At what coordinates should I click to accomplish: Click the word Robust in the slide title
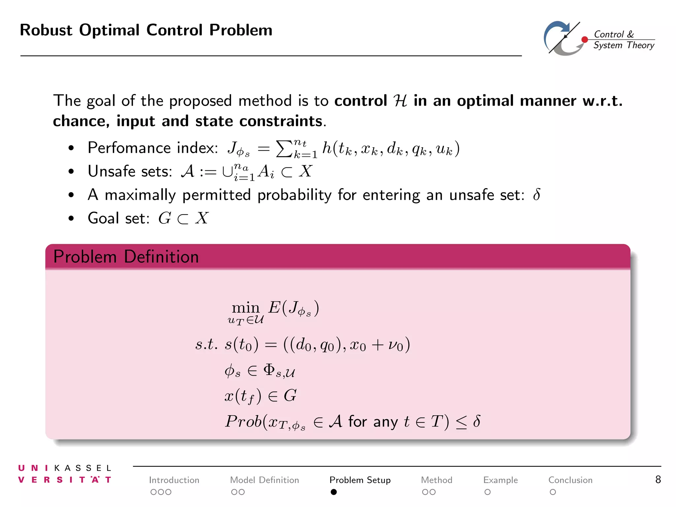click(x=46, y=30)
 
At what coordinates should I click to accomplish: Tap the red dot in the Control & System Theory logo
click(x=585, y=40)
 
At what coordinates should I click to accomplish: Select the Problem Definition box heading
click(x=126, y=257)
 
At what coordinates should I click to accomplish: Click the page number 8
click(x=658, y=479)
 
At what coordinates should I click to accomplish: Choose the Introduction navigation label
click(x=174, y=480)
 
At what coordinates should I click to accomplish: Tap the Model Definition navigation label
click(x=264, y=480)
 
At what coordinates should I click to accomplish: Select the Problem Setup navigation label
click(x=360, y=480)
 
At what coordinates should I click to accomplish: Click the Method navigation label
click(x=436, y=480)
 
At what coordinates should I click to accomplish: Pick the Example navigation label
click(x=500, y=480)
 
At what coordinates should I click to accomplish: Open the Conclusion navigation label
click(x=570, y=480)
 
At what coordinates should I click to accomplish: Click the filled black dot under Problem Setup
click(x=334, y=492)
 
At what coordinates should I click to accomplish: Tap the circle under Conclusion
click(x=553, y=492)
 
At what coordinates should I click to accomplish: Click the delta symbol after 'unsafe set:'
click(x=537, y=195)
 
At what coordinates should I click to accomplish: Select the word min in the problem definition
click(x=246, y=308)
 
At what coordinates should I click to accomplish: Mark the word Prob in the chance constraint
click(x=244, y=422)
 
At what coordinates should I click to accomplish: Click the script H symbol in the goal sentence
click(x=400, y=101)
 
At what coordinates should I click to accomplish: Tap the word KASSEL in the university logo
click(x=83, y=468)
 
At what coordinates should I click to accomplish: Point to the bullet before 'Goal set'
click(x=71, y=219)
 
